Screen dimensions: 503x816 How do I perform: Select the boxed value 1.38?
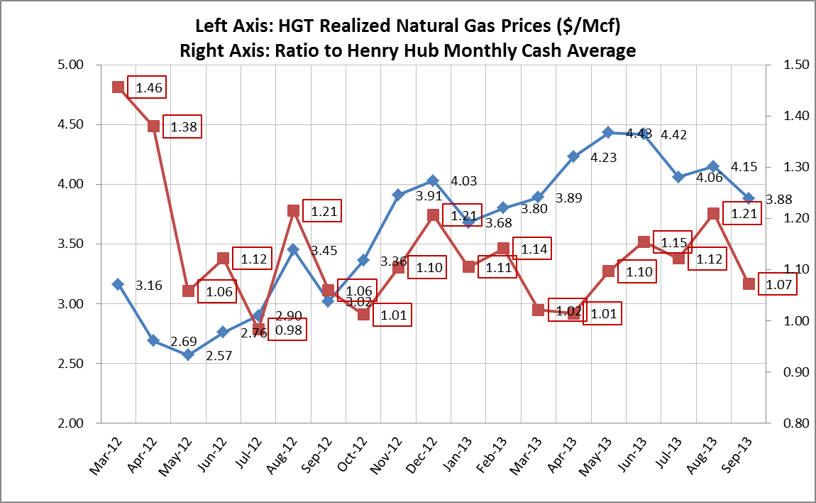pos(182,128)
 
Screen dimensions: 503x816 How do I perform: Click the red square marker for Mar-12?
pos(118,87)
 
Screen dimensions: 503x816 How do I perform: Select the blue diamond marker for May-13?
pos(608,132)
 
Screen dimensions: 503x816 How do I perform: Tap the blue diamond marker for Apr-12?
pos(153,340)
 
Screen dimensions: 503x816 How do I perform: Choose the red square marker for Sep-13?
pos(749,283)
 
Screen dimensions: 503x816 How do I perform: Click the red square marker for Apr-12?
pos(153,126)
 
